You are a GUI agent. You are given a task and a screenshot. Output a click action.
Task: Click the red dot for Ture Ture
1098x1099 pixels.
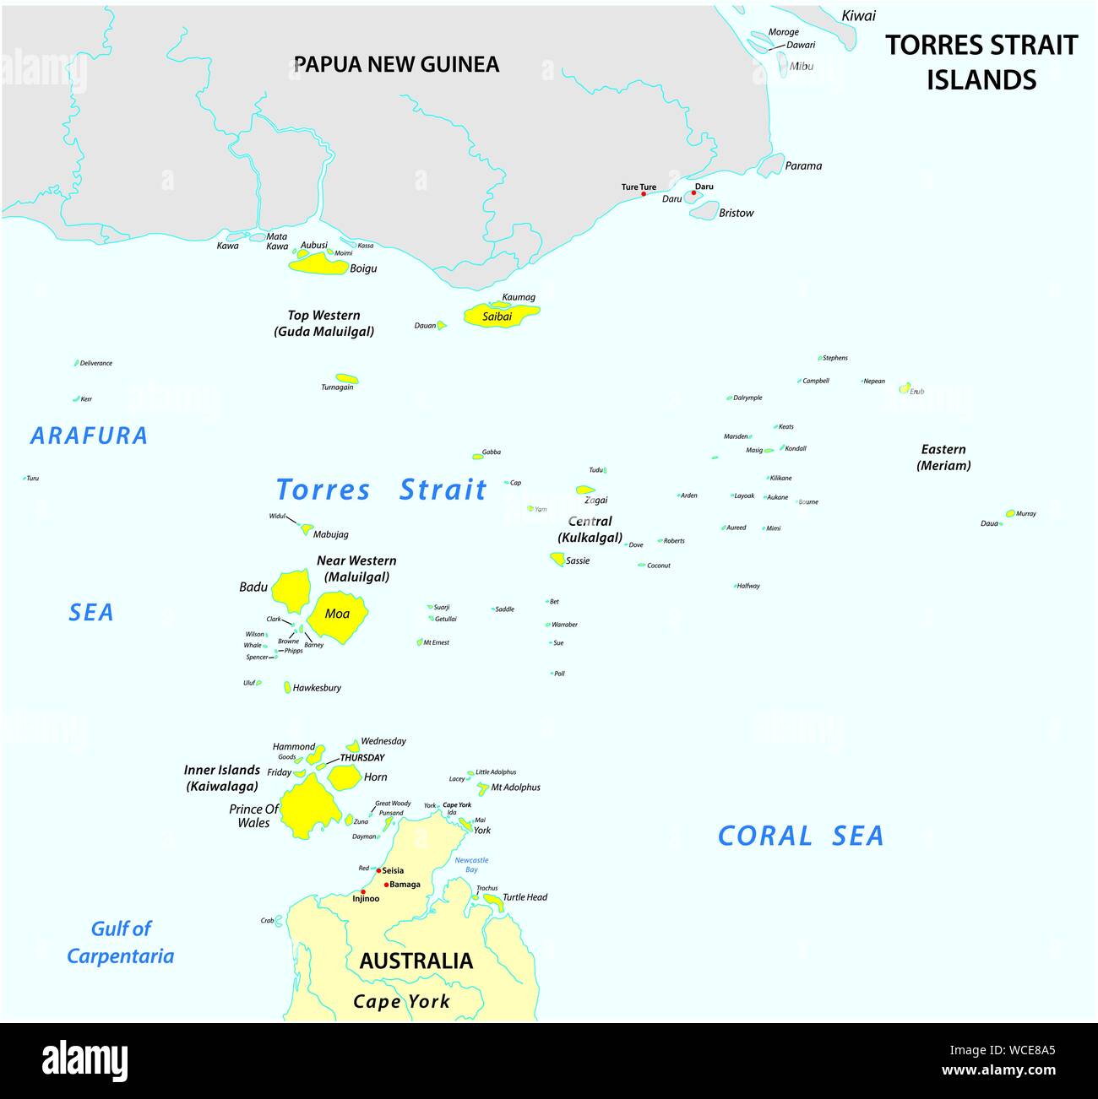coord(644,194)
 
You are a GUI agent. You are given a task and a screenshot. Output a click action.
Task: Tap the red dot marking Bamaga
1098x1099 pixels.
coord(387,885)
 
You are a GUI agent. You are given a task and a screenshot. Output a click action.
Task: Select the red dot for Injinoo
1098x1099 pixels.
coord(363,891)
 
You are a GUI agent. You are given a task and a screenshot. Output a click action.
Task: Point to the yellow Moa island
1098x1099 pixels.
coord(337,614)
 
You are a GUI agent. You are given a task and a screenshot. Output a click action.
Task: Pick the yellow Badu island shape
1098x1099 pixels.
coord(292,590)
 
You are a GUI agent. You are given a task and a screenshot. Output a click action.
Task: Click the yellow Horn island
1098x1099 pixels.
coord(344,777)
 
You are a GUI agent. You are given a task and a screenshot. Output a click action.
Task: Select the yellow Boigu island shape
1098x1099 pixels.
coord(318,266)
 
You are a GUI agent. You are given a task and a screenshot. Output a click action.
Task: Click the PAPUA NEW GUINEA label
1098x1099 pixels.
coord(396,64)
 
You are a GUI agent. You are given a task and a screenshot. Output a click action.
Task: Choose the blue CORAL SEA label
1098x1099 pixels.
coord(800,836)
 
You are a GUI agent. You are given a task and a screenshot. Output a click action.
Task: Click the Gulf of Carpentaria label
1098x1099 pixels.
coord(121,942)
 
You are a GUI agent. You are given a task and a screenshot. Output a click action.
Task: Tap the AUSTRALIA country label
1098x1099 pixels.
coord(416,961)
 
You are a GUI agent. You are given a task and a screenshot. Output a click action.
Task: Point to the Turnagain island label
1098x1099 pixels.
coord(337,387)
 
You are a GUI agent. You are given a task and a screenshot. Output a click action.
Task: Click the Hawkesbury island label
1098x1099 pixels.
coord(317,688)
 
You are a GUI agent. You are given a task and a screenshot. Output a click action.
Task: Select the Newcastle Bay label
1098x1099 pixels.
coord(471,864)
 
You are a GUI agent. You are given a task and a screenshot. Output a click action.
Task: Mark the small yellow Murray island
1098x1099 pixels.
coord(1009,513)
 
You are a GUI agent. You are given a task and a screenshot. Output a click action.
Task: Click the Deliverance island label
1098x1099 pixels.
coord(95,363)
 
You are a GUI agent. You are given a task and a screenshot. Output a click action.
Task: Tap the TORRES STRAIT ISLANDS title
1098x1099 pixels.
coord(981,62)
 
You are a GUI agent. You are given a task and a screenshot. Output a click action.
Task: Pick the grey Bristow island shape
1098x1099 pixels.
coord(704,211)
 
